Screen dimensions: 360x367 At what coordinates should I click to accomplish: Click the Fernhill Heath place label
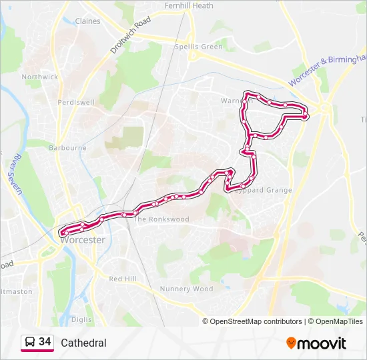(189, 5)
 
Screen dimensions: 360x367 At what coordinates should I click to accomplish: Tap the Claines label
(87, 21)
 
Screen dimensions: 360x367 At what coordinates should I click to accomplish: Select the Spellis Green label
(198, 47)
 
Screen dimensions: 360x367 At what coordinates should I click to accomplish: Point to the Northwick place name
(40, 77)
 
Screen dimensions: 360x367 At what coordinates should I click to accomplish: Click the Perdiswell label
(76, 103)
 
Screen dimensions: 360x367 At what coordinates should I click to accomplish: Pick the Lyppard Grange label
(265, 191)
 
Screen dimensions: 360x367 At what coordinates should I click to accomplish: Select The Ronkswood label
(161, 219)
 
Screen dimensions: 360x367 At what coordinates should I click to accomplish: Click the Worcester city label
(83, 240)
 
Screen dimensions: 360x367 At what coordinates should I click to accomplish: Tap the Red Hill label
(122, 279)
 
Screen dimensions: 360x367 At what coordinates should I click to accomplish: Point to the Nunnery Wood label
(186, 289)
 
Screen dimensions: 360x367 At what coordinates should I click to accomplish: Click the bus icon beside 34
(29, 343)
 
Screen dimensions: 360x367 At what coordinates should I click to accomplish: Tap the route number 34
(45, 342)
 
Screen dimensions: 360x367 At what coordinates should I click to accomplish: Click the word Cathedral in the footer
(83, 343)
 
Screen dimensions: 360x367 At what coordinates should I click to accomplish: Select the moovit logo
(316, 343)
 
